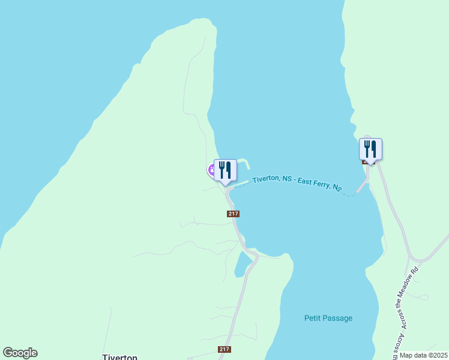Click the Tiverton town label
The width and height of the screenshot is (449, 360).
[x=120, y=356]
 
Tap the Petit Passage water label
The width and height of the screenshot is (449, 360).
[x=328, y=318]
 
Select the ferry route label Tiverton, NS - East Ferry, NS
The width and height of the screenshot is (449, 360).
[x=297, y=182]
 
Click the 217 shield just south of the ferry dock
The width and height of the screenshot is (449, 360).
[x=234, y=214]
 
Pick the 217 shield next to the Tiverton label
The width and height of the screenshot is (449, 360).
[x=224, y=349]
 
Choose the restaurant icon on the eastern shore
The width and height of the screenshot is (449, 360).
[x=370, y=149]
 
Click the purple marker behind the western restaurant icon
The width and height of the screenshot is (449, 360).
[x=212, y=170]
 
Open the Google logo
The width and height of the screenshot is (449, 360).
[x=20, y=353]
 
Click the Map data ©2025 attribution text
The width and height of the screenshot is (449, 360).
[x=423, y=355]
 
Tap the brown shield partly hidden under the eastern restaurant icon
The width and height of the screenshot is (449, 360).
[x=364, y=161]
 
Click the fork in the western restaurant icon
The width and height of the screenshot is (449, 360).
[x=221, y=169]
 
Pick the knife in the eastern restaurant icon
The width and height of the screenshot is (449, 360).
[x=374, y=148]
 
